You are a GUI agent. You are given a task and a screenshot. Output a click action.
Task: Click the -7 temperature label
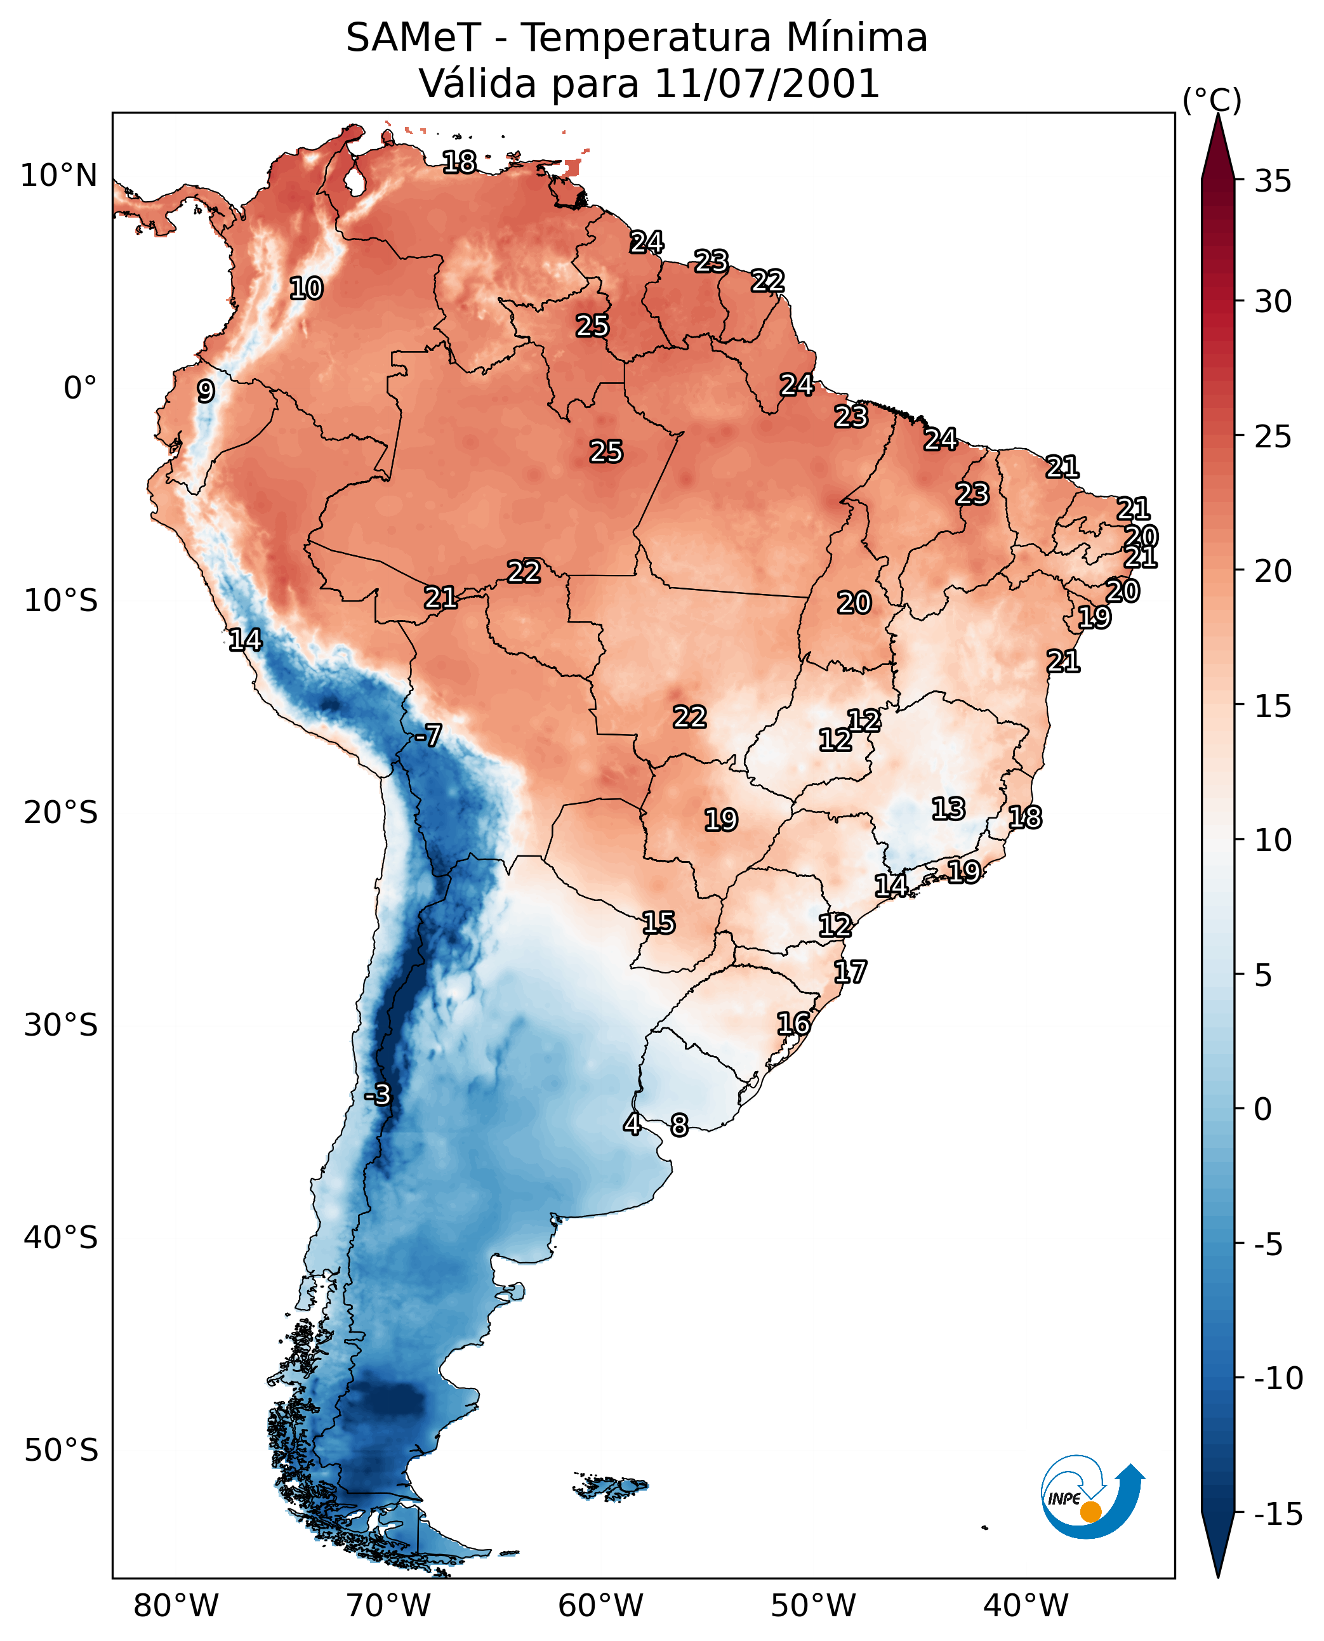point(428,735)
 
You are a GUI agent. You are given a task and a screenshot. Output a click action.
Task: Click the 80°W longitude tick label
point(176,1605)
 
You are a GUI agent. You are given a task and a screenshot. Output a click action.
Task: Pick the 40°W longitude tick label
point(1026,1605)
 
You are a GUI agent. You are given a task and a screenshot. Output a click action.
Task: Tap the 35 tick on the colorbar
point(1273,181)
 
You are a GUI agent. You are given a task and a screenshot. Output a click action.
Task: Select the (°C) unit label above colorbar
point(1212,100)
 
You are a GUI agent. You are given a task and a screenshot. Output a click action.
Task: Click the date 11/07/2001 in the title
point(767,83)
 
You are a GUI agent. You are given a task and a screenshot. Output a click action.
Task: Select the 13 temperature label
point(948,808)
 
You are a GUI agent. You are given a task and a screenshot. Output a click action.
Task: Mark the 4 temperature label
point(632,1123)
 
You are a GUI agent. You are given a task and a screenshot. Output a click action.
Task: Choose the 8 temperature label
point(679,1124)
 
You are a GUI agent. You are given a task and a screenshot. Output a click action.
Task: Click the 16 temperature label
point(793,1024)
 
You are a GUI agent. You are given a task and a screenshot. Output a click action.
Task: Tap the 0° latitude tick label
point(80,388)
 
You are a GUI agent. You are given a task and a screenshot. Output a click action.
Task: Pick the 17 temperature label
point(850,972)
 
